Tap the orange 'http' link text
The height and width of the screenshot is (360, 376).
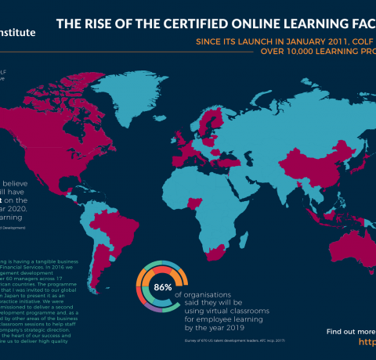coord(367,343)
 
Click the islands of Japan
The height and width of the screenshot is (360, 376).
coord(338,141)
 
